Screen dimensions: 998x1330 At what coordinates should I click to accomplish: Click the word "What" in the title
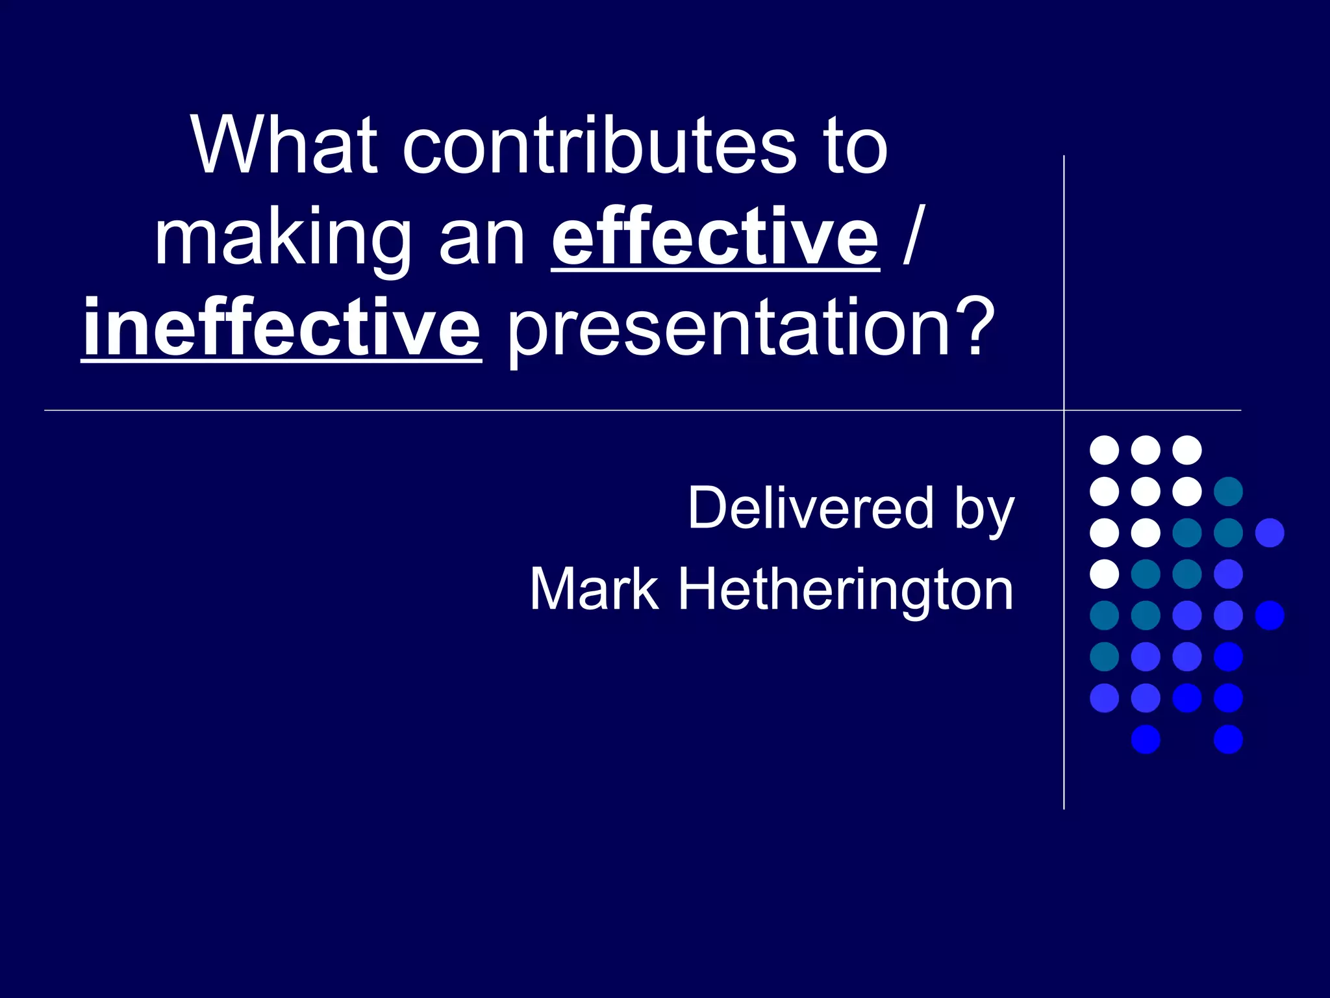coord(284,146)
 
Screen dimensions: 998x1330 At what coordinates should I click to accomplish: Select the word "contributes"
coord(599,146)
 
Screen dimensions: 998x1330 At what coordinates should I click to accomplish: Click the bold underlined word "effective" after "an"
coord(716,237)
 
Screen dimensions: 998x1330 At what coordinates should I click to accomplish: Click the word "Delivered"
coord(810,508)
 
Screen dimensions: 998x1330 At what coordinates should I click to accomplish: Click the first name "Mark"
coord(594,589)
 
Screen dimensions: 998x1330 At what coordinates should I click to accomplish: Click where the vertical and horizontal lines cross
coord(1064,411)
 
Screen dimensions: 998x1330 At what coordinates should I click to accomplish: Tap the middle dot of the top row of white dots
coord(1146,450)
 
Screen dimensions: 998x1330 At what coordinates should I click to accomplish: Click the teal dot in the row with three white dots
coord(1228,491)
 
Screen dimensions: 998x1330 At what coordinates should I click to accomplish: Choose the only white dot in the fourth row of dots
coord(1104,574)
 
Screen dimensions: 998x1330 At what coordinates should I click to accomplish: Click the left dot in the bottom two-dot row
coord(1146,739)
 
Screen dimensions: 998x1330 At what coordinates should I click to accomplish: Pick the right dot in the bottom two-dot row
coord(1228,739)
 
